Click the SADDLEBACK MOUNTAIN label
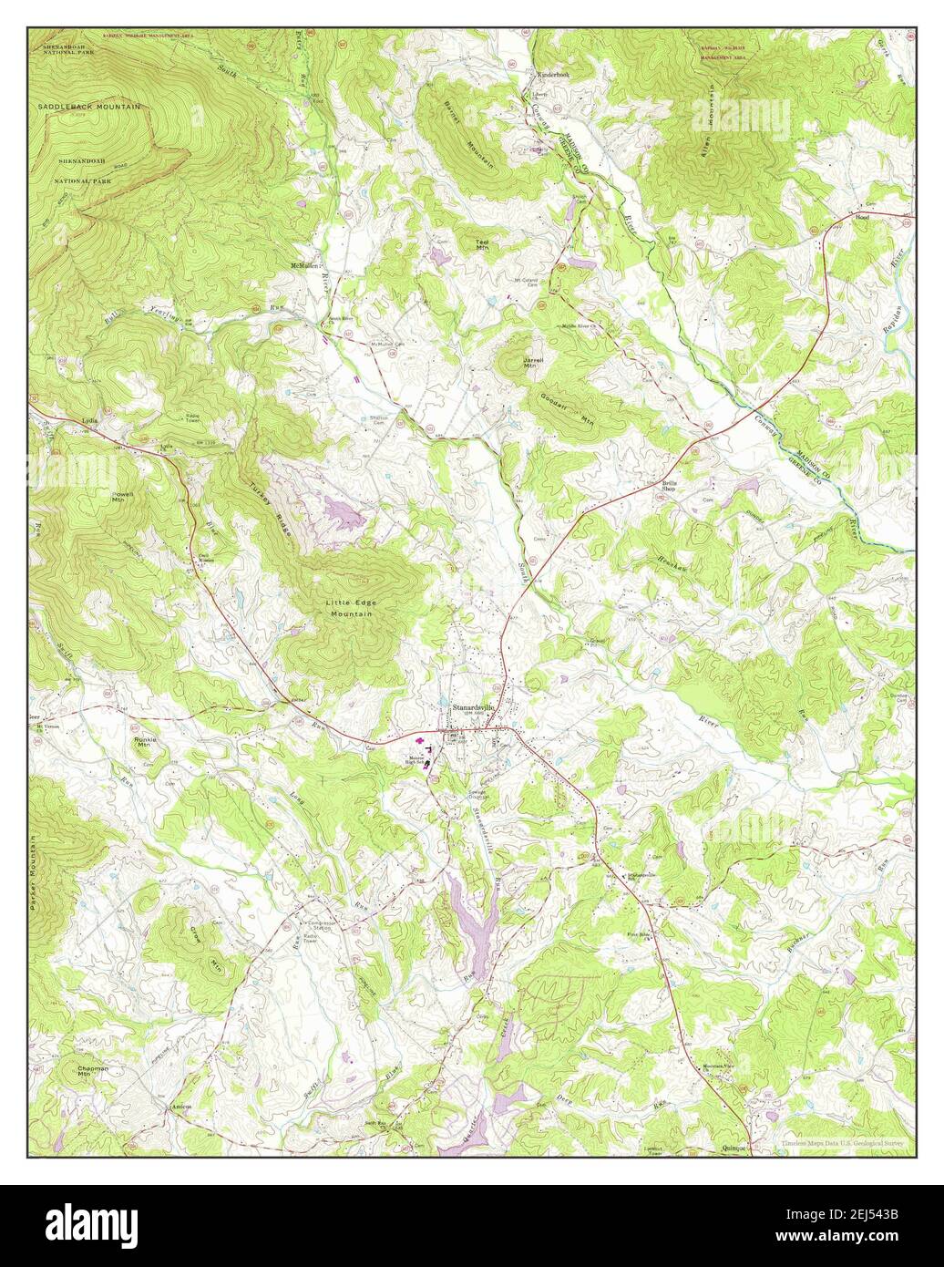pyautogui.click(x=89, y=107)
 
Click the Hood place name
pyautogui.click(x=862, y=218)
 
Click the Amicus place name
pyautogui.click(x=180, y=1107)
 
